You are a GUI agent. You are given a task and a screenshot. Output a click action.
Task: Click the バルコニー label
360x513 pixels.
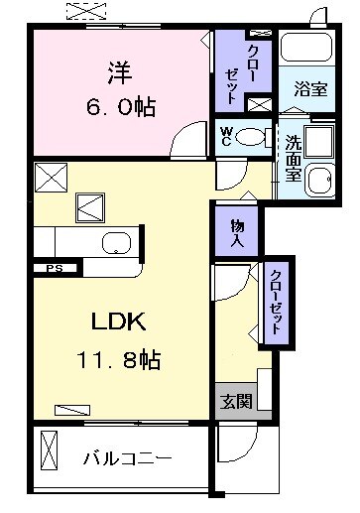tap(127, 458)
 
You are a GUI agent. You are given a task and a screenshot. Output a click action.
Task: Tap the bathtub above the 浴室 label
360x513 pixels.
tap(305, 47)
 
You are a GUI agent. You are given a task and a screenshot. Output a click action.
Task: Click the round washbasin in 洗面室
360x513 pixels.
tap(319, 179)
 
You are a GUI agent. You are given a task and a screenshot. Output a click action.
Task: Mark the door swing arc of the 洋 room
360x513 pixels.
tap(185, 147)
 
